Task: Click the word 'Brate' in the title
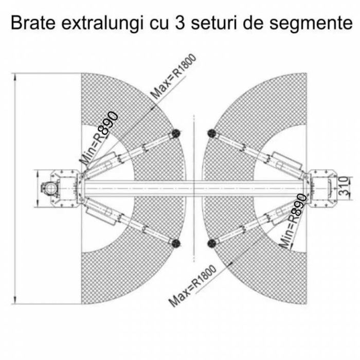coord(33,23)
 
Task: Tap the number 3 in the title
coord(180,23)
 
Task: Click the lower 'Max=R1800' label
coord(192,285)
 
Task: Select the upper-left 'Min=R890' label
coord(99,138)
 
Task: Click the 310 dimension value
coord(344,186)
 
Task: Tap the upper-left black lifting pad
coord(175,133)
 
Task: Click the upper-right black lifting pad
coord(212,133)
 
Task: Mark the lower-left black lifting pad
coord(175,243)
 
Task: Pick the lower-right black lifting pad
coord(212,243)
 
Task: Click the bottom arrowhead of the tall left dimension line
coord(15,300)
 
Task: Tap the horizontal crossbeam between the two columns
coord(194,189)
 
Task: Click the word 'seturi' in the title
coord(214,23)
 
